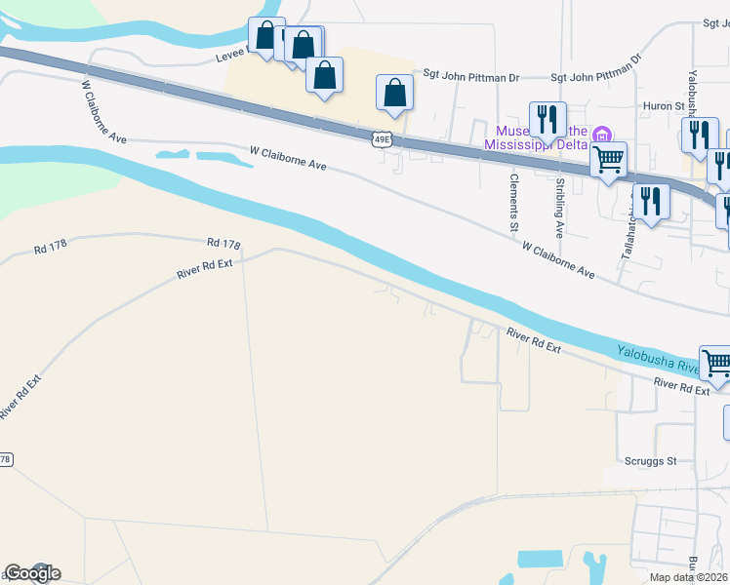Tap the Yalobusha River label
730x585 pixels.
coord(659,360)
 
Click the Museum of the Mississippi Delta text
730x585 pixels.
coord(540,137)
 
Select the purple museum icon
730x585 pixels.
coord(603,134)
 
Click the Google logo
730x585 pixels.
coord(32,573)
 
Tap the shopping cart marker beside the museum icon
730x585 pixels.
coord(608,157)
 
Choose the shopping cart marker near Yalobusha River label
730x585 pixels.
coord(716,364)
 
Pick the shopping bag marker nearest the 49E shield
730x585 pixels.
coord(394,93)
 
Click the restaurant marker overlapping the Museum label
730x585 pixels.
coord(547,119)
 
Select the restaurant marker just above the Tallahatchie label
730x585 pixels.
coord(651,200)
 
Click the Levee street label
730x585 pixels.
coord(233,58)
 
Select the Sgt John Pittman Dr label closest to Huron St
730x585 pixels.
coord(595,75)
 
